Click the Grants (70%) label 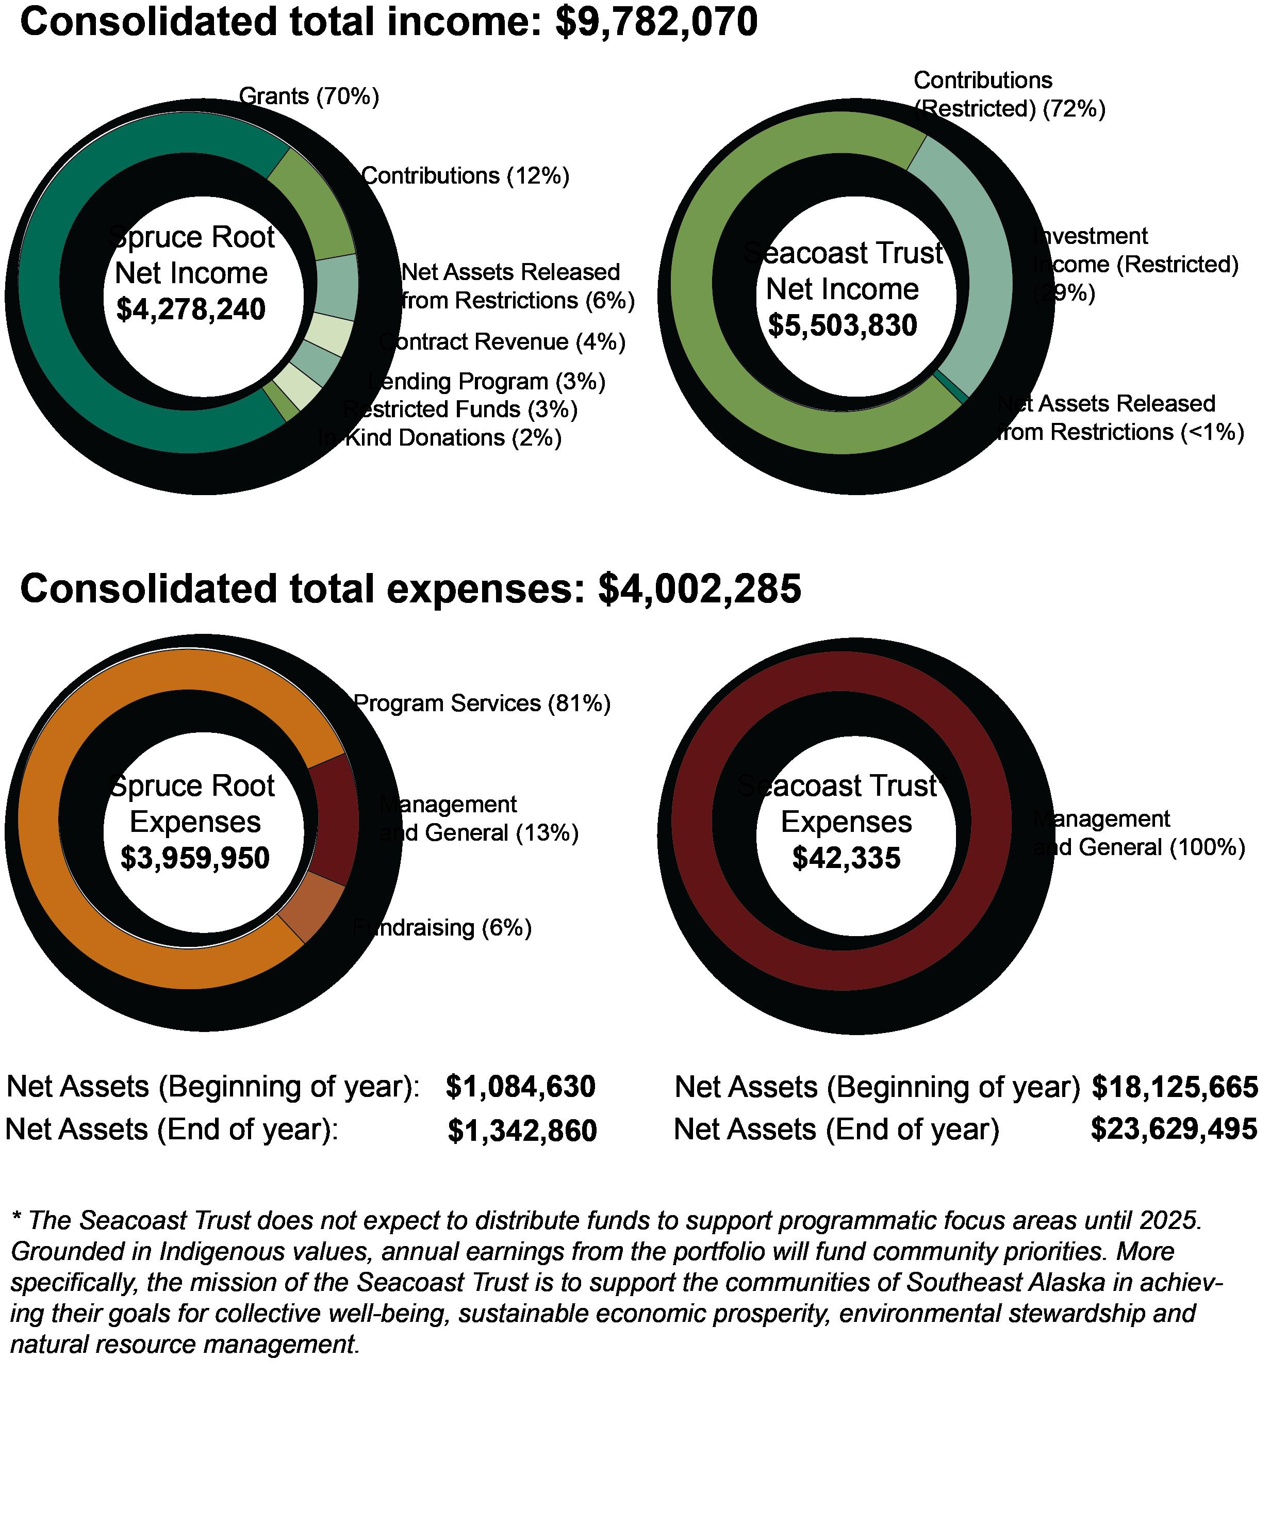(309, 96)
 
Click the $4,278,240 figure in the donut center (191, 309)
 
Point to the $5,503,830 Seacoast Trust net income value (842, 325)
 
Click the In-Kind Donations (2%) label (440, 438)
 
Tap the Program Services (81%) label (482, 703)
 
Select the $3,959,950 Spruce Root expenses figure (195, 858)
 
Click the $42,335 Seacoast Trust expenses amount (846, 858)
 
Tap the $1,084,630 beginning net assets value (521, 1087)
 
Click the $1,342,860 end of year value (522, 1131)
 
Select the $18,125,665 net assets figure (1175, 1087)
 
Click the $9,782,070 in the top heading (656, 22)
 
